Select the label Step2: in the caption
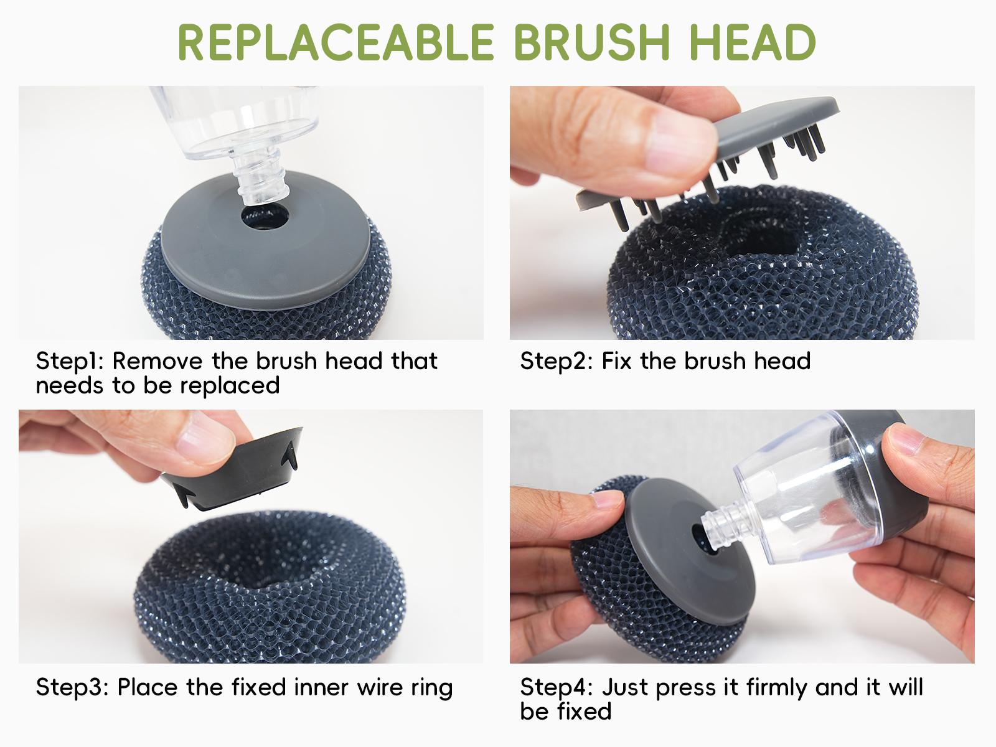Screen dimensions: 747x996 pyautogui.click(x=555, y=361)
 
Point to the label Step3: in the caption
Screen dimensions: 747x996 pyautogui.click(x=72, y=687)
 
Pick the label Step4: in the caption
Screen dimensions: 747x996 pyautogui.click(x=556, y=687)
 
